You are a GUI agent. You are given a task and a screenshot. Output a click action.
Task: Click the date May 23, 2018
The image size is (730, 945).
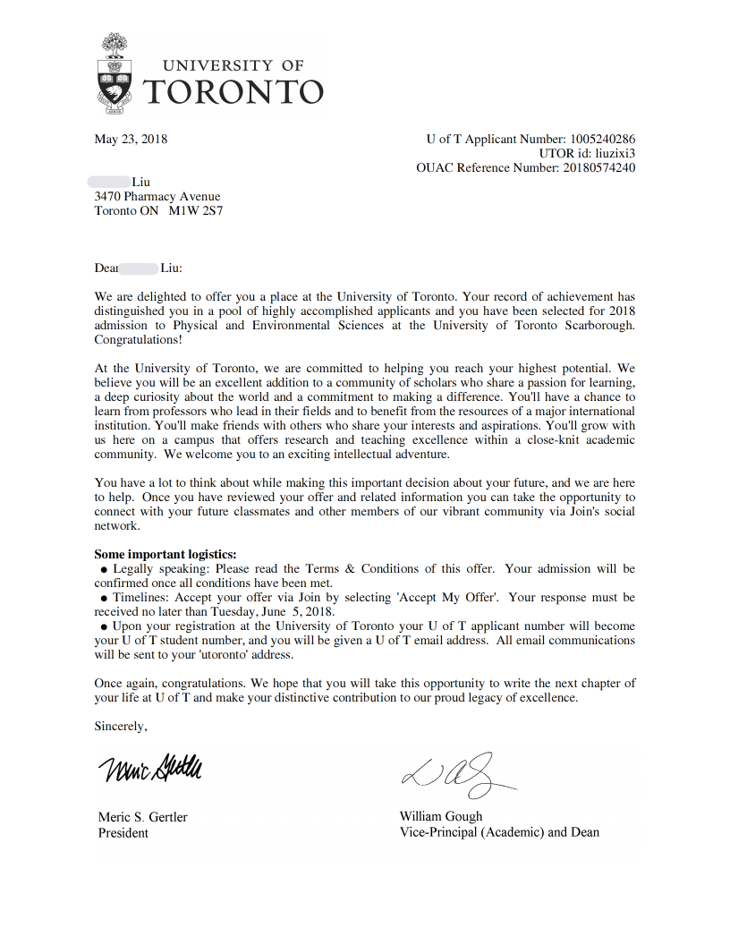tap(131, 139)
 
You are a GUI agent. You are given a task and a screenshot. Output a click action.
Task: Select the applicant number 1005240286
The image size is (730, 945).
tap(602, 139)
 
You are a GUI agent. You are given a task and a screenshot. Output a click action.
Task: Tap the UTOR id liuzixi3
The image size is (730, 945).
tap(615, 153)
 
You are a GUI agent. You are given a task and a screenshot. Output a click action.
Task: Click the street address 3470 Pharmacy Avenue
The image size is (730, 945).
tap(157, 197)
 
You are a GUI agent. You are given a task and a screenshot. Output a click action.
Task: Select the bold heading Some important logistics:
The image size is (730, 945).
tap(166, 554)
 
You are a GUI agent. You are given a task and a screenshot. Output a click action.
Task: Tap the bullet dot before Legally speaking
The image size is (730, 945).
tap(104, 569)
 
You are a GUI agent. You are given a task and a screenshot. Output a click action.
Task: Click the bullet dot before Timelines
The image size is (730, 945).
tap(104, 598)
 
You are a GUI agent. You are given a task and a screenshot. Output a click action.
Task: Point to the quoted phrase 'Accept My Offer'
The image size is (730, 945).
tap(455, 597)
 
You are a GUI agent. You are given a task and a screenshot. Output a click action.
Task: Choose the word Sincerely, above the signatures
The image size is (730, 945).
tap(121, 726)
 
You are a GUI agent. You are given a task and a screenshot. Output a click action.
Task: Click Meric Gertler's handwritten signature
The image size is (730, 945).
tap(150, 767)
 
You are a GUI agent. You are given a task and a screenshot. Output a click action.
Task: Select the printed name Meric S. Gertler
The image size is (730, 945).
tap(143, 817)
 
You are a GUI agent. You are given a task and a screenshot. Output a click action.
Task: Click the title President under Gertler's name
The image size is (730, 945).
tap(123, 832)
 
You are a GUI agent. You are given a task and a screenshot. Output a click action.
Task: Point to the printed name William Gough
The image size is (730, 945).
tap(441, 816)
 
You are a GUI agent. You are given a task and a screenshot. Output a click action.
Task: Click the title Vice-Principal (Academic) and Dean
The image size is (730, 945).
tap(499, 831)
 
